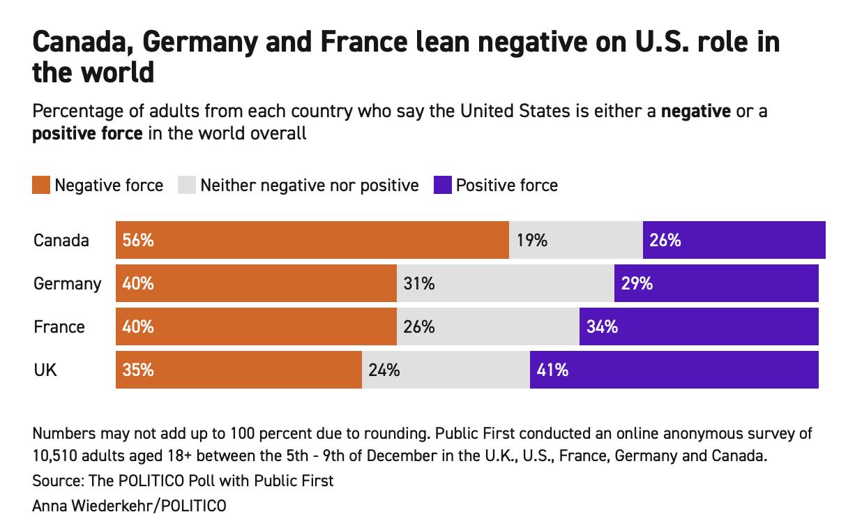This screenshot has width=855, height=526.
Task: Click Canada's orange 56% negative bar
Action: click(x=312, y=241)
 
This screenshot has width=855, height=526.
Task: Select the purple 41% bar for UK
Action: click(x=674, y=370)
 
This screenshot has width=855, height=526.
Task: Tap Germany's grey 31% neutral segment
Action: click(x=505, y=284)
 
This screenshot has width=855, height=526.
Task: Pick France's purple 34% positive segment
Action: click(x=698, y=326)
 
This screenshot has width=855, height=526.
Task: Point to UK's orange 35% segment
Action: click(x=239, y=370)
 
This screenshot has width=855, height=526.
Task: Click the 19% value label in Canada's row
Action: click(x=532, y=241)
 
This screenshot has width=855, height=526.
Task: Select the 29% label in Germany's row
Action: click(x=637, y=284)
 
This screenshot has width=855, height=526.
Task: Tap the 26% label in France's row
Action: click(x=419, y=326)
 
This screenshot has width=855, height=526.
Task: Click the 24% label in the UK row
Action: click(x=384, y=370)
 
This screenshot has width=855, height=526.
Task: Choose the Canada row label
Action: click(x=61, y=241)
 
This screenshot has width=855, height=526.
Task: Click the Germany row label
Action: click(x=67, y=284)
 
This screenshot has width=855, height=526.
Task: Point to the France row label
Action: click(x=59, y=326)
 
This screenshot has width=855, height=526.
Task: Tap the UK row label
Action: click(x=45, y=370)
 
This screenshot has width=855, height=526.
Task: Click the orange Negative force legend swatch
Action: click(x=41, y=186)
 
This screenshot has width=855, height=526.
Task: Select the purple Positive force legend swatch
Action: click(x=442, y=186)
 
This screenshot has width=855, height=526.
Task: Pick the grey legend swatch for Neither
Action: click(x=188, y=186)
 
